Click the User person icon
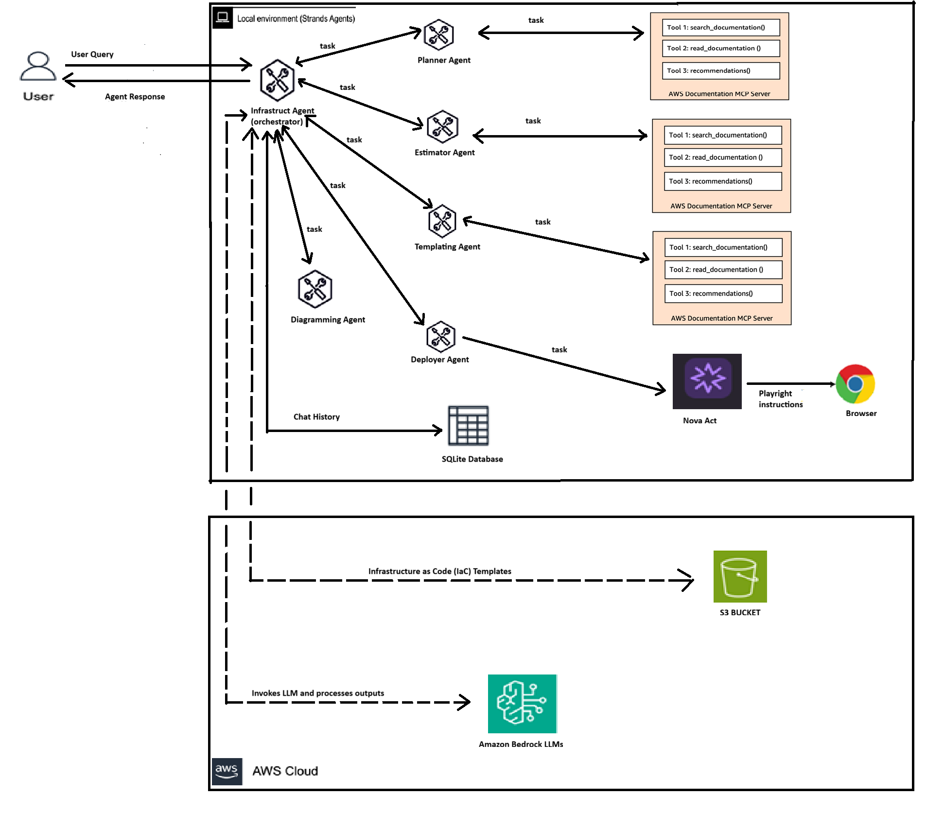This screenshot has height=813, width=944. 38,67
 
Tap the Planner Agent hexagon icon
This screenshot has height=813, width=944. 438,35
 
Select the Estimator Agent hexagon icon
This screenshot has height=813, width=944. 442,127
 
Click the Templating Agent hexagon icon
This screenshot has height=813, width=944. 442,221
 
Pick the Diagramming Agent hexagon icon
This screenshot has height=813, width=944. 315,289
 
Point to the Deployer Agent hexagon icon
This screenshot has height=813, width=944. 440,337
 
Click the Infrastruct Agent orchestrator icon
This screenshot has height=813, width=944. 277,80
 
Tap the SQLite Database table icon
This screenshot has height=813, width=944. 468,426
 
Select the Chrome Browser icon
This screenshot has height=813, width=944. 855,384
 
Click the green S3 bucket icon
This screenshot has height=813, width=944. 740,576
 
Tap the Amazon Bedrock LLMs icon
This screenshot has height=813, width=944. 522,703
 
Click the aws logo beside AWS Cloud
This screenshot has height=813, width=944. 227,771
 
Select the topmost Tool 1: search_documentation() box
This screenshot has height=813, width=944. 720,28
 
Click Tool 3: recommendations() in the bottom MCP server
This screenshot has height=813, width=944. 723,294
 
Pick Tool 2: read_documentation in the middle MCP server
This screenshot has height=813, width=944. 722,157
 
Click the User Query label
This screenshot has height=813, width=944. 92,54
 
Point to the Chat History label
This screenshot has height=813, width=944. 316,417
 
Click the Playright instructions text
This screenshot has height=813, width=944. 780,399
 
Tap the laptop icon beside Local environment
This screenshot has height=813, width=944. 223,18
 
